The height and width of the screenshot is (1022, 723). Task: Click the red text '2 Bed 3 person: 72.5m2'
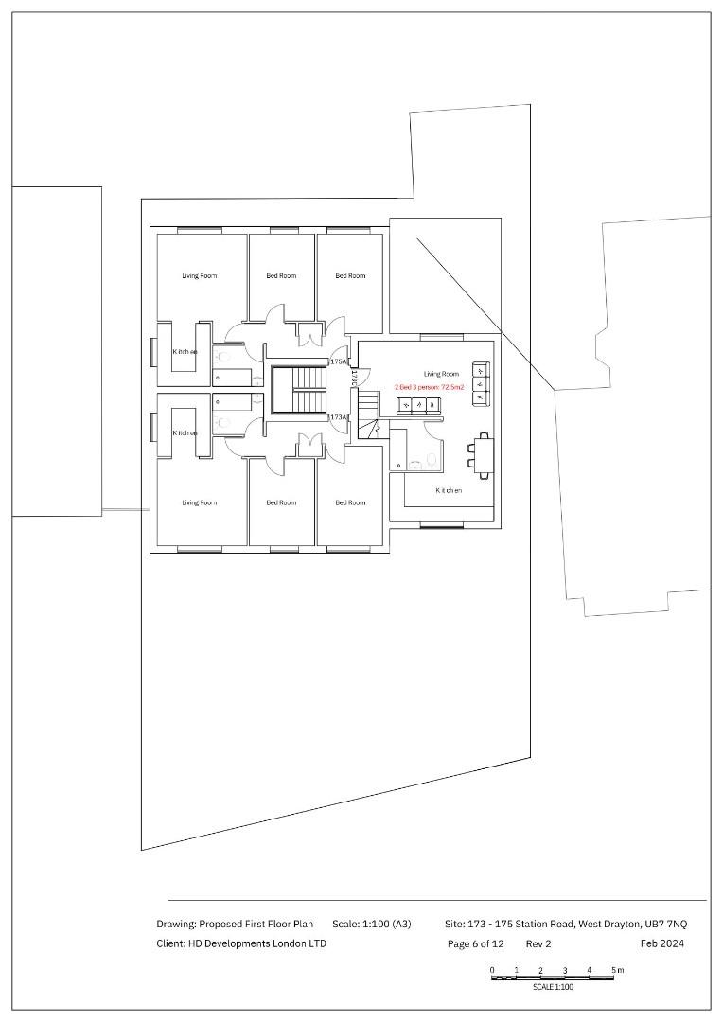(x=430, y=388)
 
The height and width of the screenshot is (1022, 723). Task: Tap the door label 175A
(x=338, y=361)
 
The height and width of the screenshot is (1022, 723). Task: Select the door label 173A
(x=338, y=417)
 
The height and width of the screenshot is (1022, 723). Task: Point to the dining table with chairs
(x=484, y=455)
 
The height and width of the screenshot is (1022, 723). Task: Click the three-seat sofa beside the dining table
(x=480, y=383)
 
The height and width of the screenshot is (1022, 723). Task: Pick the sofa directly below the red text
(x=418, y=405)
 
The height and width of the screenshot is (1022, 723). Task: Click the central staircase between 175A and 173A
(x=298, y=390)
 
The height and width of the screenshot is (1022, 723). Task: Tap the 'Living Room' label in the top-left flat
(x=200, y=276)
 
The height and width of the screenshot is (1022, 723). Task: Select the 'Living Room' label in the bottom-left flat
(x=200, y=502)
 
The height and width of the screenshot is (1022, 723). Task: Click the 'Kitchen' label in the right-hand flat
(x=449, y=490)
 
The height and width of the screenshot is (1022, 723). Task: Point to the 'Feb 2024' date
(x=661, y=943)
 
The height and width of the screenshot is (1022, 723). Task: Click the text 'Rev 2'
(x=538, y=943)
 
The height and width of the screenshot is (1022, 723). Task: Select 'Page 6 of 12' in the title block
(x=476, y=943)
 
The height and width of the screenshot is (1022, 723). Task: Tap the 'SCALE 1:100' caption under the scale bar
(x=553, y=987)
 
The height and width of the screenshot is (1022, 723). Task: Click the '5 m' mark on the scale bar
(x=617, y=970)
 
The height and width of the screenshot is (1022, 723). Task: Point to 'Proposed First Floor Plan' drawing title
(x=256, y=924)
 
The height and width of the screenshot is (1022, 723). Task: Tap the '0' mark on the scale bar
(x=492, y=970)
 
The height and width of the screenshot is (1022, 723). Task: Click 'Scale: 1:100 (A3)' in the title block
(x=372, y=924)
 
